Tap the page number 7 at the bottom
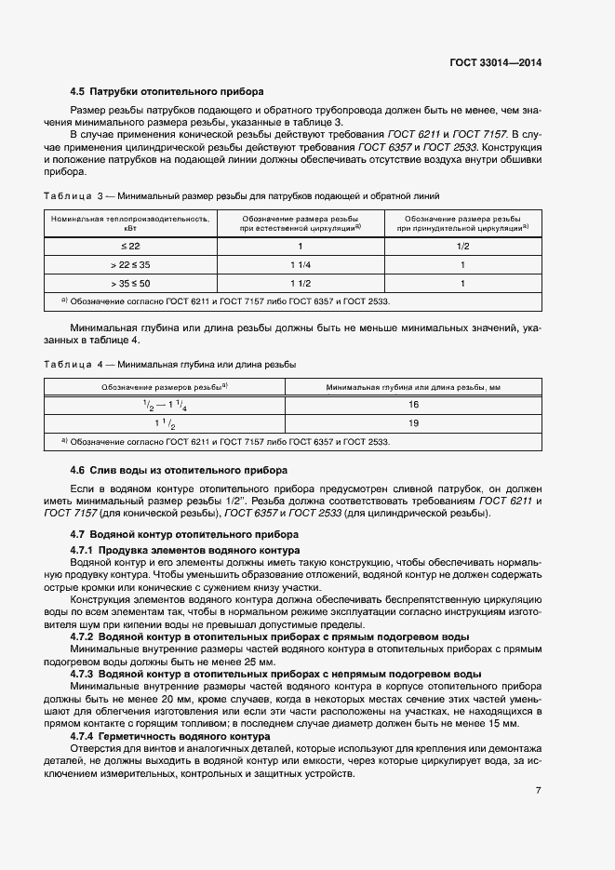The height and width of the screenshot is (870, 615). coord(539,791)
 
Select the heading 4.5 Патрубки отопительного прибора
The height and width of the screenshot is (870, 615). coord(167,91)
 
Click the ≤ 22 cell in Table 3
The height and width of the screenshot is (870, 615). coord(129,246)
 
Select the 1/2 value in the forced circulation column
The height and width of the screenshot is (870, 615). coord(462,246)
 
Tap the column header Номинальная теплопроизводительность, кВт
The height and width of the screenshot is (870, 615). coord(129,221)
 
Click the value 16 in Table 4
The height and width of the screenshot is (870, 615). coord(413,405)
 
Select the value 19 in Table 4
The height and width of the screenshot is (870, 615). coord(413,423)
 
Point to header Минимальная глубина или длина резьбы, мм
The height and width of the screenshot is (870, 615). coord(413,386)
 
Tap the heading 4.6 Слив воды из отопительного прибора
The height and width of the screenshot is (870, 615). coord(180,470)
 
